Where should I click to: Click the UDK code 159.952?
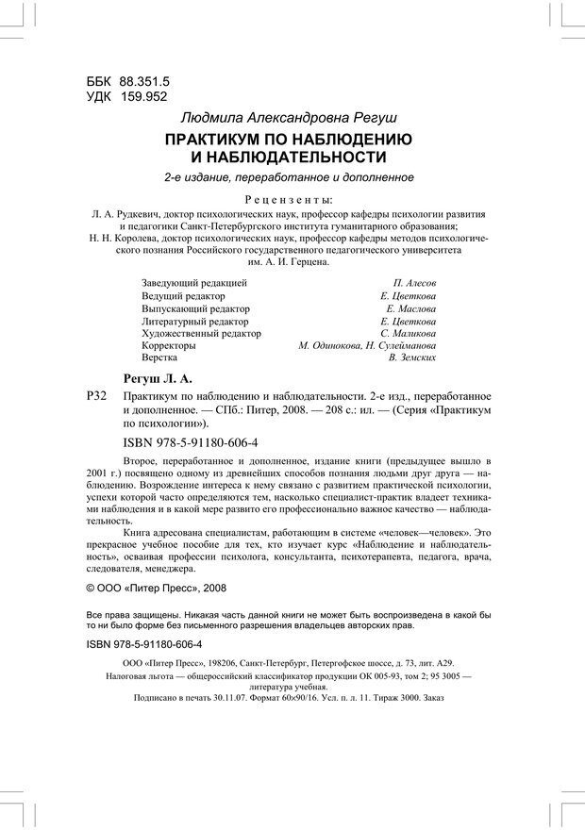click(138, 97)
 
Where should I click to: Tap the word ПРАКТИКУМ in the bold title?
click(220, 140)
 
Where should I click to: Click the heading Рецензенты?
click(288, 200)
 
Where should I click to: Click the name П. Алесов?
click(414, 283)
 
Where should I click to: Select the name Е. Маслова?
click(411, 308)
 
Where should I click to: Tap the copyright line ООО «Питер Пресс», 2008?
click(166, 586)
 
